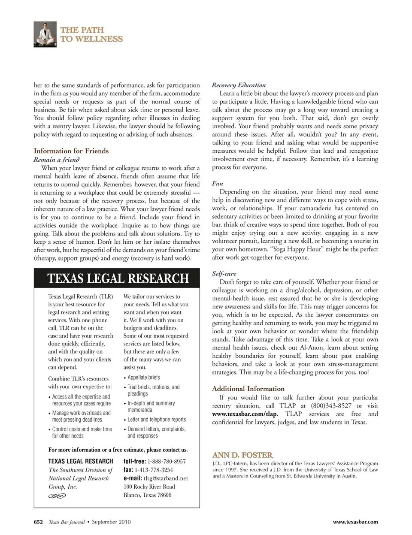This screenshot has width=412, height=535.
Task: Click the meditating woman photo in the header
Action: pyautogui.click(x=45, y=34)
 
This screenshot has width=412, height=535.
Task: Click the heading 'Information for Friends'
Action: pyautogui.click(x=71, y=151)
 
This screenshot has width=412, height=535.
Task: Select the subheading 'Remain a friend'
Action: pyautogui.click(x=57, y=160)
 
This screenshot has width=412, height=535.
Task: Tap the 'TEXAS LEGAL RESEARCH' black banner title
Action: pyautogui.click(x=118, y=279)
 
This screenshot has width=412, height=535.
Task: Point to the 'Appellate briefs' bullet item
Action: pyautogui.click(x=144, y=378)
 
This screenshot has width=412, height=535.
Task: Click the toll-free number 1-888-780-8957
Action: pyautogui.click(x=167, y=462)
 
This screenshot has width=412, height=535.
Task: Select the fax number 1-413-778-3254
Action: pyautogui.click(x=160, y=470)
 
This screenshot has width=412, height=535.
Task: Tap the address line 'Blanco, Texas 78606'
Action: pyautogui.click(x=147, y=495)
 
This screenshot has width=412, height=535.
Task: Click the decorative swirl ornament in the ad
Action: pyautogui.click(x=57, y=496)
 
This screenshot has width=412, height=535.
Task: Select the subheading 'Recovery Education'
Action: pyautogui.click(x=239, y=85)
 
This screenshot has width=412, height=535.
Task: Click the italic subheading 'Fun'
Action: pyautogui.click(x=218, y=183)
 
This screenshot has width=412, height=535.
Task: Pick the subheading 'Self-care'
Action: pyautogui.click(x=224, y=274)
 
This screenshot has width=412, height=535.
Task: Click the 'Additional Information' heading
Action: pyautogui.click(x=248, y=389)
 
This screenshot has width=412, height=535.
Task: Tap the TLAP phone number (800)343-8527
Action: pyautogui.click(x=331, y=406)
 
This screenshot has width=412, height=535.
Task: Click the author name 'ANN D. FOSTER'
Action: pyautogui.click(x=242, y=455)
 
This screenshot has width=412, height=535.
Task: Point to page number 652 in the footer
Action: pyautogui.click(x=39, y=522)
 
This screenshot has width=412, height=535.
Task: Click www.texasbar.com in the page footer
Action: pyautogui.click(x=355, y=522)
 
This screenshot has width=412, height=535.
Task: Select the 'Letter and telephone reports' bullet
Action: pyautogui.click(x=157, y=420)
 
